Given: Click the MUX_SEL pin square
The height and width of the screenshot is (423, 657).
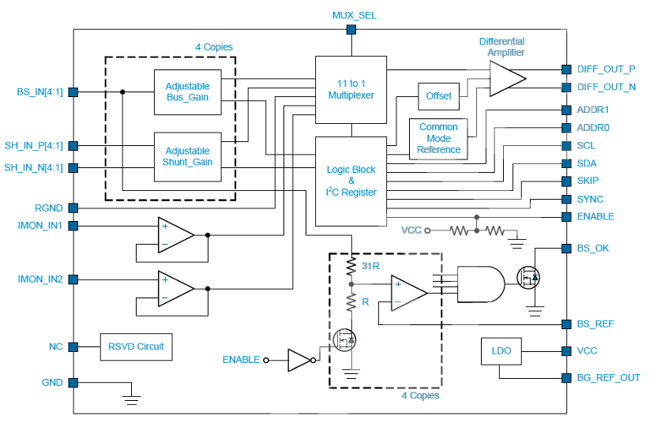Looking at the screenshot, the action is (x=351, y=30).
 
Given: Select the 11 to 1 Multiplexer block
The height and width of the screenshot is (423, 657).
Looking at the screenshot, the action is (x=351, y=90).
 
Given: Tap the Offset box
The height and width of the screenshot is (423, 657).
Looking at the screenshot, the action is (x=438, y=96).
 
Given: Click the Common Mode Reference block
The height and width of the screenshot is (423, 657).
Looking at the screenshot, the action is (x=438, y=139).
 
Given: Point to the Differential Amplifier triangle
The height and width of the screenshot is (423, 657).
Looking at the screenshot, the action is (x=507, y=78).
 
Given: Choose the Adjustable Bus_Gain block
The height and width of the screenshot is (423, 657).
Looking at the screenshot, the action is (x=187, y=92).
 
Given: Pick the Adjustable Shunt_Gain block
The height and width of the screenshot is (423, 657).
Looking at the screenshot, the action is (x=187, y=156).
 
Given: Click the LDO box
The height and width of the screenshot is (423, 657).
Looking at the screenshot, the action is (x=501, y=351).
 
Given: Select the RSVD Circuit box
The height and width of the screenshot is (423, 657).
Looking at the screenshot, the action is (x=136, y=346).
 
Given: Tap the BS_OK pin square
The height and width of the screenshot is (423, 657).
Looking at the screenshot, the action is (x=566, y=249).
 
